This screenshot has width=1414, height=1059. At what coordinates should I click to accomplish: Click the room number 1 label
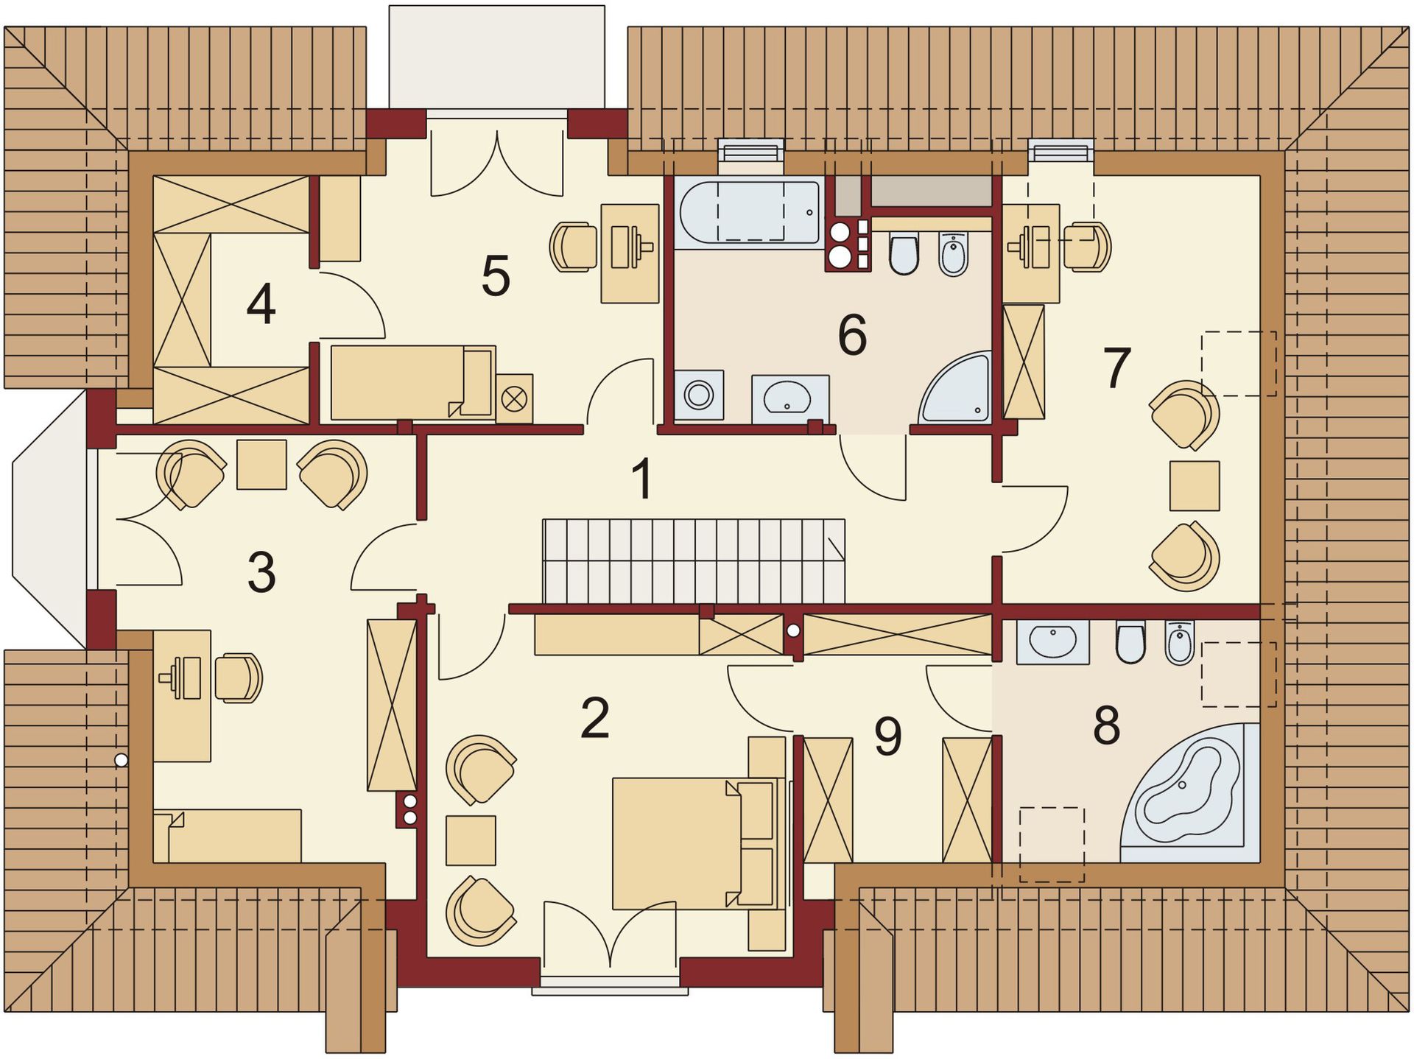[643, 479]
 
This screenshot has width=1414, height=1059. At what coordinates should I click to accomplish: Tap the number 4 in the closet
[261, 304]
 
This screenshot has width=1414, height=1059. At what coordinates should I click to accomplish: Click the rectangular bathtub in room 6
[750, 212]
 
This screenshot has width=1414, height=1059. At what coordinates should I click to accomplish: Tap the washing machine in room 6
[698, 395]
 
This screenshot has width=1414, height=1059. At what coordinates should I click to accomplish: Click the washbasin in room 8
[1052, 641]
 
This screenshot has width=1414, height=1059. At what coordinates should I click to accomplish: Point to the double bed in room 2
[697, 843]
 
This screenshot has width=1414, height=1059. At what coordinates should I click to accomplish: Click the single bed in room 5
[412, 381]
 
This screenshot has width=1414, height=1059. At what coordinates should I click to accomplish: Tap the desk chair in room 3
[239, 678]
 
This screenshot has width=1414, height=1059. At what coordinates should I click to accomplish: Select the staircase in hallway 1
[694, 561]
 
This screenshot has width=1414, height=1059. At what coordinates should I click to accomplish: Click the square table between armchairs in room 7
[1195, 485]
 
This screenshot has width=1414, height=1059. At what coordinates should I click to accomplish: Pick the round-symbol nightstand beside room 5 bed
[514, 398]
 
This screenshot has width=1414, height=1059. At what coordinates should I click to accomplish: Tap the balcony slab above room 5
[497, 57]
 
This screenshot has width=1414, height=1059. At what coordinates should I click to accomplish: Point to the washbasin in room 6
[790, 399]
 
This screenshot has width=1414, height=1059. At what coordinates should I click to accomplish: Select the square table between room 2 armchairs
[471, 840]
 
